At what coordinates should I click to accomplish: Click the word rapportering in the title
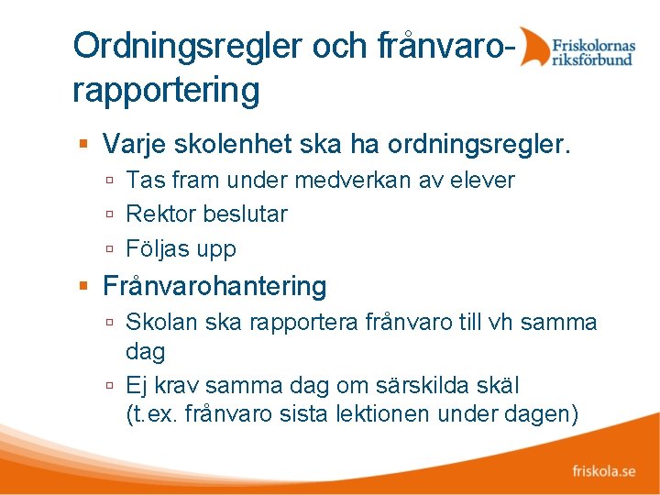(x=166, y=90)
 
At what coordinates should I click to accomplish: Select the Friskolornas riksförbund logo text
(x=592, y=47)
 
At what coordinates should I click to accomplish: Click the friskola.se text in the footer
(x=603, y=471)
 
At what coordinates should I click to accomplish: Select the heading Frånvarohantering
(x=214, y=287)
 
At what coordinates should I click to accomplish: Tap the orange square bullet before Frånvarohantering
(x=83, y=287)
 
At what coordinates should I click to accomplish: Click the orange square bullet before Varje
(x=83, y=144)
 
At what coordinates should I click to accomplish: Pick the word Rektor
(x=160, y=214)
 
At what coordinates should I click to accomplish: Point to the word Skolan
(x=156, y=323)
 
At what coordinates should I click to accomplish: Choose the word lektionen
(x=397, y=414)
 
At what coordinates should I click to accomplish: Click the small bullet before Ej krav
(x=109, y=386)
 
